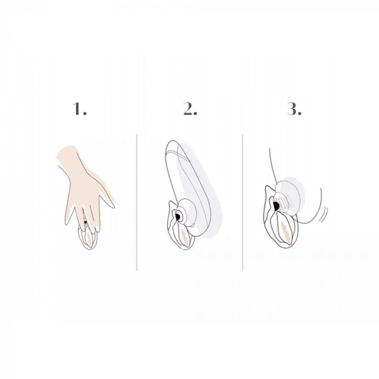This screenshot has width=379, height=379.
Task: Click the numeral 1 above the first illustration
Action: click(77, 109)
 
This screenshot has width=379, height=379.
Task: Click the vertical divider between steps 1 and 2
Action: click(137, 202)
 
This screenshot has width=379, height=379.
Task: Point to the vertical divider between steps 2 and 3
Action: click(243, 202)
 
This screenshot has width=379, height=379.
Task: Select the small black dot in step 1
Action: click(86, 222)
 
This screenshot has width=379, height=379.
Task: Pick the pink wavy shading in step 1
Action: click(89, 238)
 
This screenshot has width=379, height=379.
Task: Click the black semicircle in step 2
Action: click(178, 217)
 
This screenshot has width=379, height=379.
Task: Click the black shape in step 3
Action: click(276, 206)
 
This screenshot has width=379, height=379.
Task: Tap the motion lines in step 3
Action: click(324, 214)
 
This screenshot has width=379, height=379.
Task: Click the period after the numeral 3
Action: click(299, 113)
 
